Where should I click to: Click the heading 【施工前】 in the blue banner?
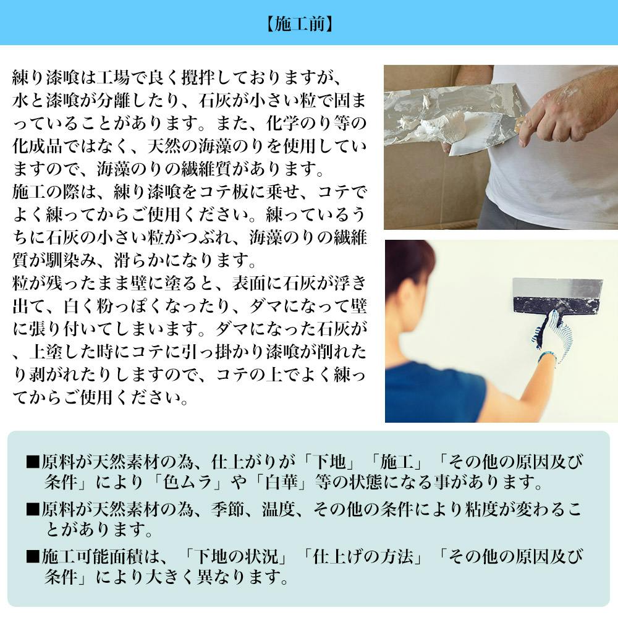(x=300, y=24)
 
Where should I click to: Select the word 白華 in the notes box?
(x=281, y=482)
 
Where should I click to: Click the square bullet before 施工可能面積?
(x=33, y=557)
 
